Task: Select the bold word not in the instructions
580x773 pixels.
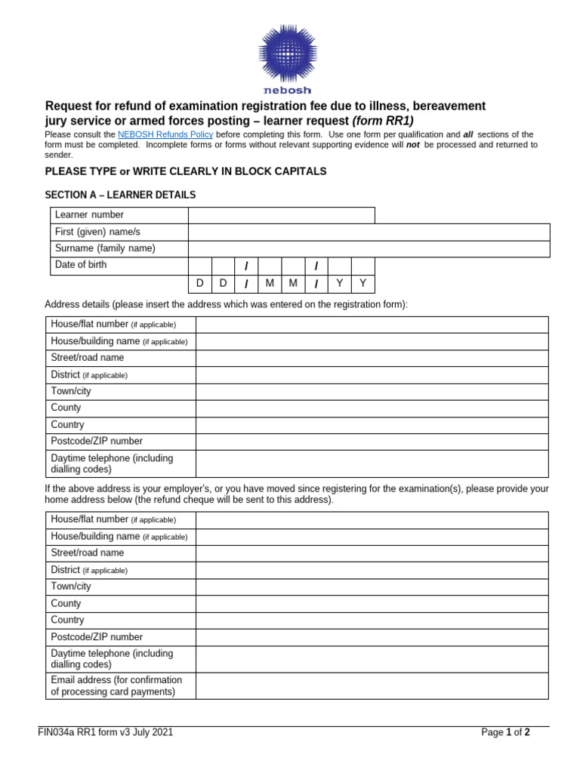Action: point(413,145)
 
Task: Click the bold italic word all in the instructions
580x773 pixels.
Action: point(468,134)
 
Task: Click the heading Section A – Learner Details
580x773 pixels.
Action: point(120,195)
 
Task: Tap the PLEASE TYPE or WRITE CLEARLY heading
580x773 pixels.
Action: point(186,171)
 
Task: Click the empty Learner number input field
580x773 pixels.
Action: point(281,215)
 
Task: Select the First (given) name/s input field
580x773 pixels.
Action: point(369,232)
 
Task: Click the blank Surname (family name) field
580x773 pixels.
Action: point(369,248)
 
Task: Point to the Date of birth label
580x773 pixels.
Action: point(80,265)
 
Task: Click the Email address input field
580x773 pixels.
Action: point(372,685)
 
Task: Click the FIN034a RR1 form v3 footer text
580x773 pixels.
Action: point(110,732)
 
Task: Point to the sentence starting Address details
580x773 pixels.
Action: point(226,304)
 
